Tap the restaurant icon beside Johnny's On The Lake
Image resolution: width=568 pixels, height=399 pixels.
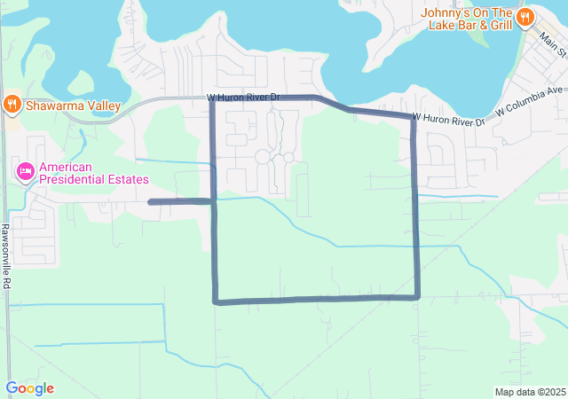pos(525,16)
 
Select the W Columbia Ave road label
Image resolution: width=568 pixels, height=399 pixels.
pos(531,101)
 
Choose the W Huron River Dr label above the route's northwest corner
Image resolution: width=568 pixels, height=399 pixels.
pos(243,97)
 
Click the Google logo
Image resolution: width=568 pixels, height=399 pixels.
pos(29,388)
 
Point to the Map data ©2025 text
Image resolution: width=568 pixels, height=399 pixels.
pos(530,392)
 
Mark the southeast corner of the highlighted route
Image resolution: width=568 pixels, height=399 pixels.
pos(417,297)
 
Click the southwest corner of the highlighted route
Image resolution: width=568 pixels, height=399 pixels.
pos(216,301)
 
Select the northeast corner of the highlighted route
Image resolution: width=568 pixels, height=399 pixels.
pos(414,117)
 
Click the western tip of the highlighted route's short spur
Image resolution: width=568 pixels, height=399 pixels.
pos(150,202)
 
